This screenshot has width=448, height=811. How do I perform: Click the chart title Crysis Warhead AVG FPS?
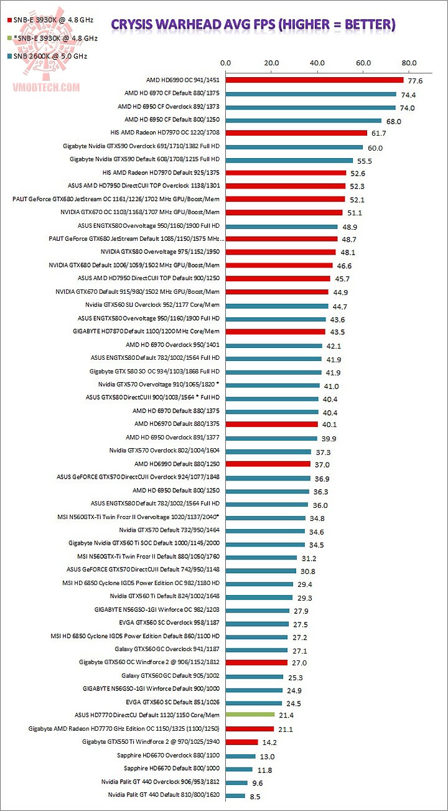(253, 24)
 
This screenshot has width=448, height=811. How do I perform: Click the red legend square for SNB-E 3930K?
(8, 20)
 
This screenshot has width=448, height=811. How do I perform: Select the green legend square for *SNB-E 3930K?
(8, 38)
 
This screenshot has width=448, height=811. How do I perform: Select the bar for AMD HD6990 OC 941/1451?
(314, 80)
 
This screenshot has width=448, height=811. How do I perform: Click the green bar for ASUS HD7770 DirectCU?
(250, 715)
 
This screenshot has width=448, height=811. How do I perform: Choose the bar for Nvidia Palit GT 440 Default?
(235, 795)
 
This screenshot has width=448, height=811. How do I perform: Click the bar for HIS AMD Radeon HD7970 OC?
(296, 133)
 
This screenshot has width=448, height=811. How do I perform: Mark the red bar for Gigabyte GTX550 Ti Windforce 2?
(241, 742)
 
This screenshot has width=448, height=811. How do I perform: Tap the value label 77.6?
(416, 81)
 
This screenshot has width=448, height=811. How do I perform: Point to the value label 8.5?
(256, 795)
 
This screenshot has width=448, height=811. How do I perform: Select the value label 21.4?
(286, 716)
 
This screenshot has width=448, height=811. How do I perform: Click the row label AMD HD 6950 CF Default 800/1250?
(172, 120)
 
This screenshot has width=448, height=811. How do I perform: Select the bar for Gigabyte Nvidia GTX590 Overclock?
(294, 147)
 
